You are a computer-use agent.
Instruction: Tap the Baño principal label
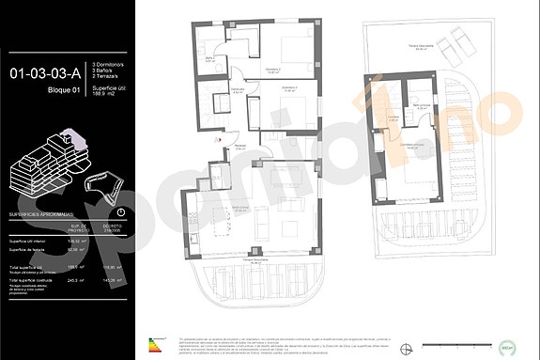pos(424,107)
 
